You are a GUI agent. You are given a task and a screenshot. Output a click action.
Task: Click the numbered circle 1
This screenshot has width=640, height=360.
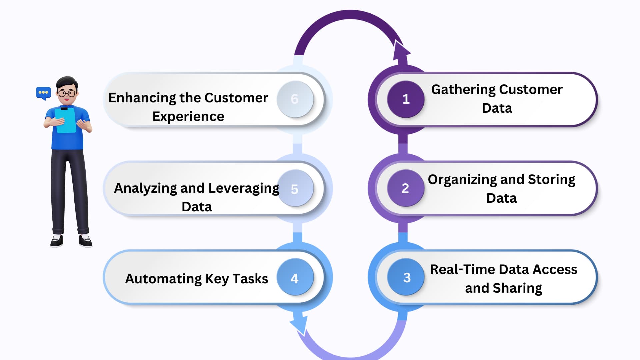[x=406, y=99]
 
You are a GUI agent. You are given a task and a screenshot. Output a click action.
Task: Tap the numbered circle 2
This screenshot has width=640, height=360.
[x=406, y=188]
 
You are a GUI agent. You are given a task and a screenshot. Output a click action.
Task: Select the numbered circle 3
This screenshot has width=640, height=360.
[x=406, y=277]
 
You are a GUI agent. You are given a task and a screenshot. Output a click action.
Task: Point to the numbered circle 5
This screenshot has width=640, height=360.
[x=295, y=188]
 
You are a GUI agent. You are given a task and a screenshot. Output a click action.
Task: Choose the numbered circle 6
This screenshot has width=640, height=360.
[x=295, y=99]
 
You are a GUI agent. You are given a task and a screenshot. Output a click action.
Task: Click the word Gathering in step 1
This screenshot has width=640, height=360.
[x=463, y=90]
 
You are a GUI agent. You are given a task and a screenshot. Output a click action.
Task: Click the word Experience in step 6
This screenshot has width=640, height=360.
[x=188, y=117]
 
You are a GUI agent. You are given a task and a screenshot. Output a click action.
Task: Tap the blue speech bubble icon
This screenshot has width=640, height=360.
[x=43, y=93]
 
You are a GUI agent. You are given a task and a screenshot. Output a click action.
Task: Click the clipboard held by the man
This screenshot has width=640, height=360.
[x=66, y=120]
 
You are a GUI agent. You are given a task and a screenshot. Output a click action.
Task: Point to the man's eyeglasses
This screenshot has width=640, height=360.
[x=67, y=93]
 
